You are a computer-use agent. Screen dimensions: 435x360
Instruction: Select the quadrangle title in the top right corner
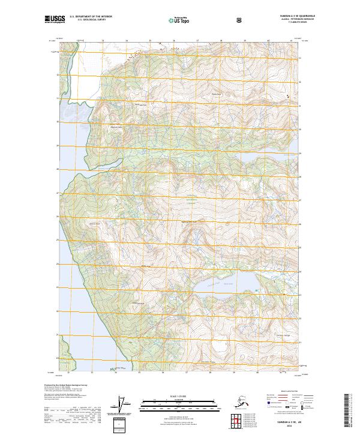(x=302, y=14)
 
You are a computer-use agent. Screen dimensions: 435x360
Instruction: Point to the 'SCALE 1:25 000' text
(x=179, y=396)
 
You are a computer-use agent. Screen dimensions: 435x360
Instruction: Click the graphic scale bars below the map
(x=179, y=403)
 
